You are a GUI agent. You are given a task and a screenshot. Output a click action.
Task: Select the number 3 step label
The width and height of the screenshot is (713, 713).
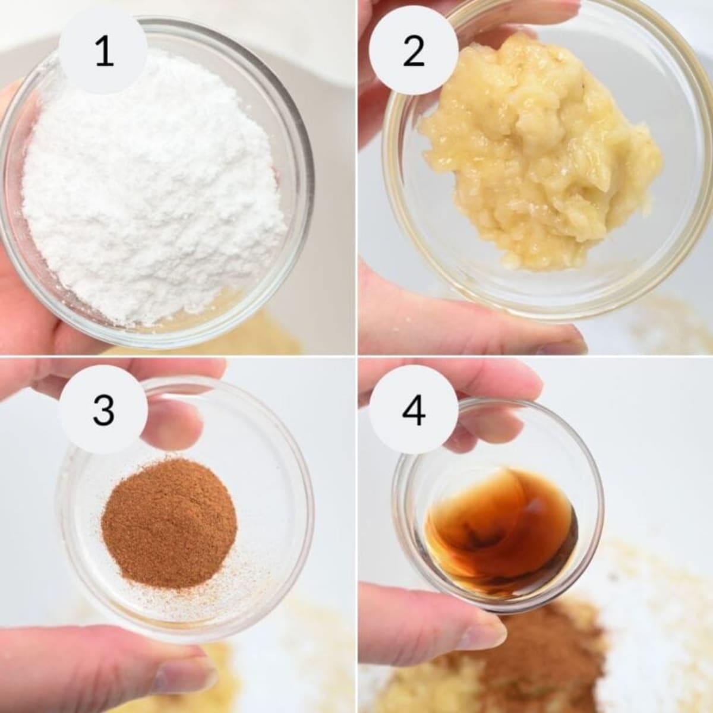[x=104, y=411]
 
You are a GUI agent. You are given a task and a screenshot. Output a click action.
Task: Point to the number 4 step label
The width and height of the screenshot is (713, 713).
[x=414, y=411]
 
